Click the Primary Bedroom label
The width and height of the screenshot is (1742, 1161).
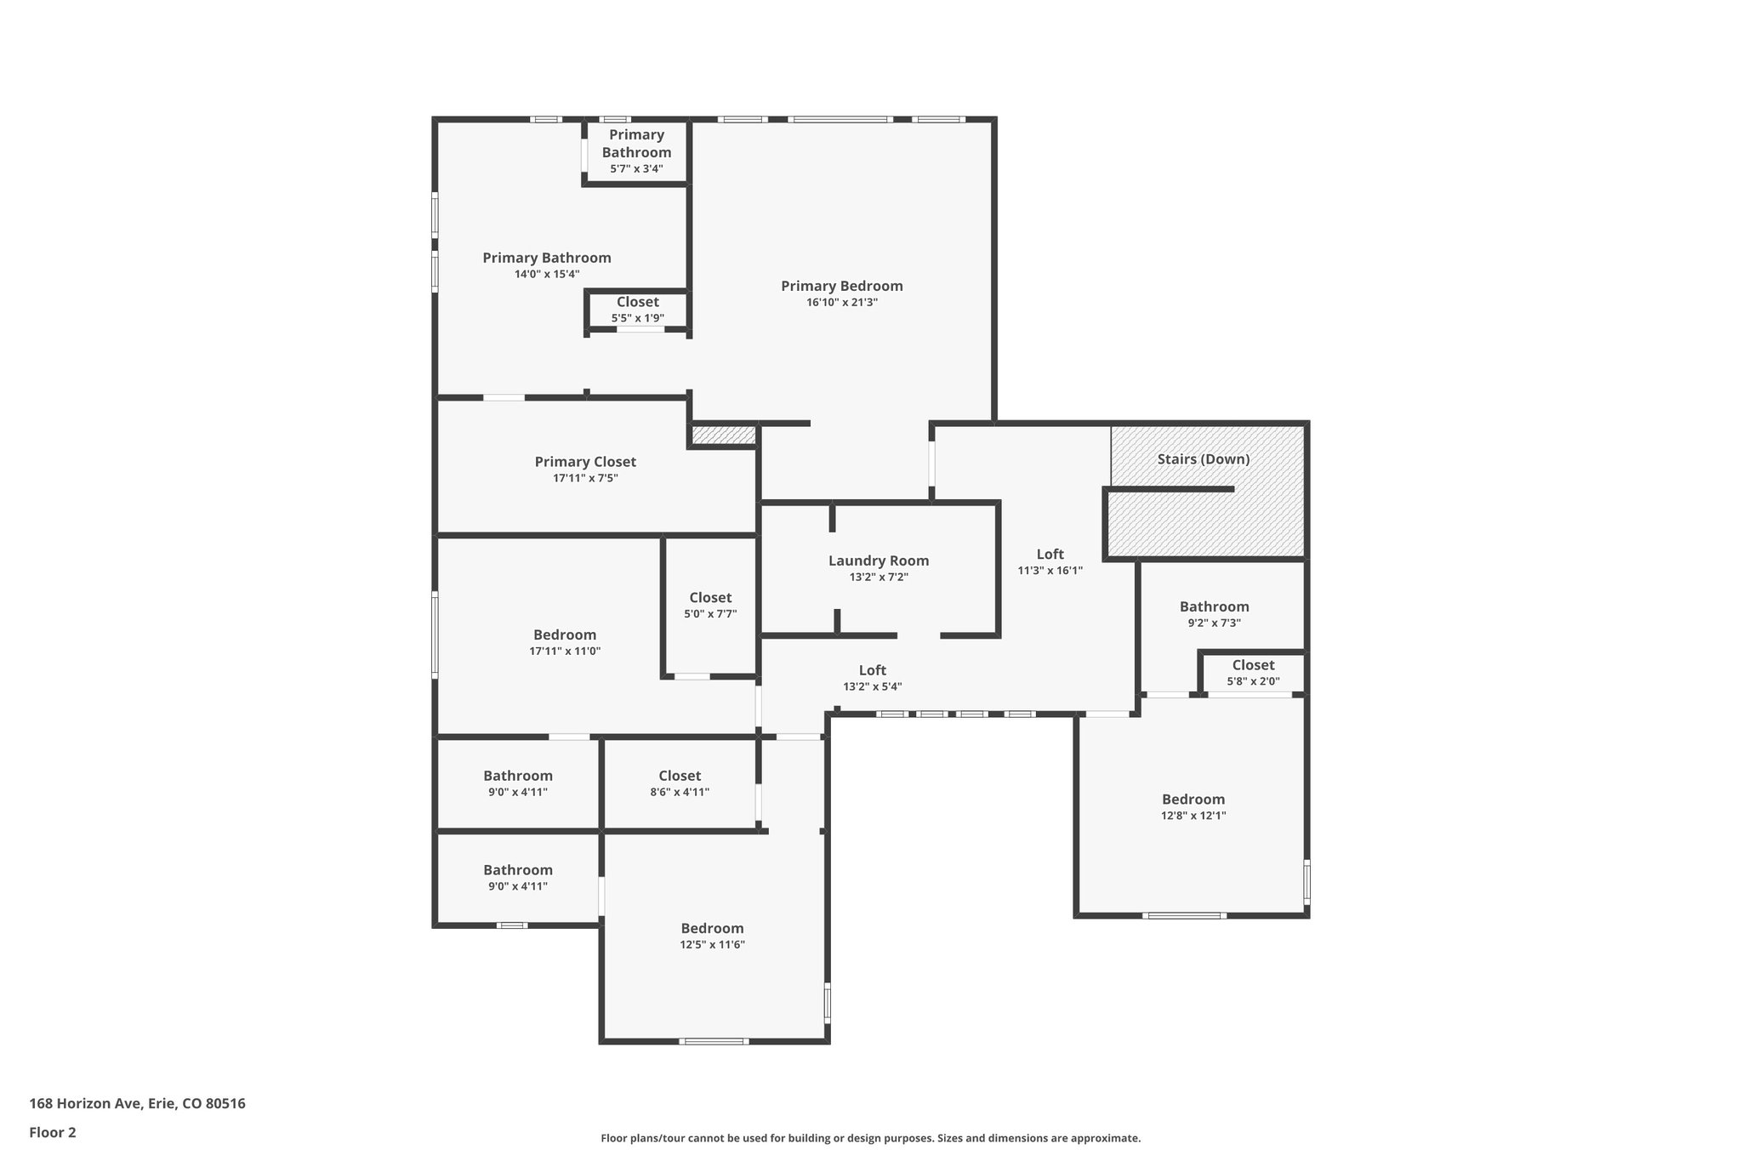[x=841, y=286]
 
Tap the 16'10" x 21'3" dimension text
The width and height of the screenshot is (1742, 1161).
[x=841, y=302]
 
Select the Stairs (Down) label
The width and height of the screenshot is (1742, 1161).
[x=1203, y=459]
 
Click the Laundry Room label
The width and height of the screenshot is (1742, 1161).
[x=878, y=561]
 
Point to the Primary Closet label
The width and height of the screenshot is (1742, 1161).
[x=585, y=462]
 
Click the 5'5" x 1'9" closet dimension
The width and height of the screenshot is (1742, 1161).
[x=637, y=318]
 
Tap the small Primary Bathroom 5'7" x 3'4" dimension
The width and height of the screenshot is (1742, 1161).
[x=636, y=168]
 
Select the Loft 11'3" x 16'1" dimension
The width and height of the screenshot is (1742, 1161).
[x=1050, y=571]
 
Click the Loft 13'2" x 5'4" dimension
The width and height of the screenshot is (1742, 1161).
[x=872, y=686]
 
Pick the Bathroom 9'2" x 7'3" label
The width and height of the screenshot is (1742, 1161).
[x=1214, y=606]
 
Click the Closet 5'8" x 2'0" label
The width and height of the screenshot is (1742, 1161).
[x=1253, y=665]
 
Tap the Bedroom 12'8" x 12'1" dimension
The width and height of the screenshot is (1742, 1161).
[x=1193, y=815]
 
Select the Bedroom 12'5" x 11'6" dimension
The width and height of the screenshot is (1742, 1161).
[x=712, y=944]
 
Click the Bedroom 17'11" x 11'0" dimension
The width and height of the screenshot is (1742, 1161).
[x=565, y=651]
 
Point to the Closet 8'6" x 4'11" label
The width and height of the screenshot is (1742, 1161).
[x=680, y=776]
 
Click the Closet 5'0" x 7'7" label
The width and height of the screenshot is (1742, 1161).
[x=710, y=598]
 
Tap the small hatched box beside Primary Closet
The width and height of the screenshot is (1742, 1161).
[x=723, y=435]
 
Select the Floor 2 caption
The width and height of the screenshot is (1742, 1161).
[x=53, y=1132]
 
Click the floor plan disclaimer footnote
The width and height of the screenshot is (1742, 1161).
[x=870, y=1138]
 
